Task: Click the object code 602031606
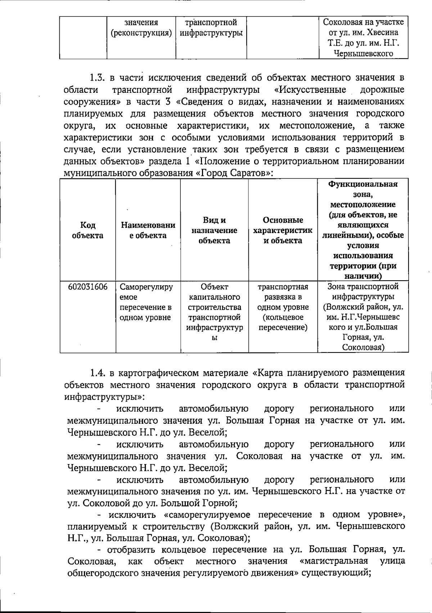[x=88, y=287]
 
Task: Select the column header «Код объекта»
[x=88, y=230]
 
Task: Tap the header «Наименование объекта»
[x=148, y=230]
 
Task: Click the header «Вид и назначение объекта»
[x=214, y=230]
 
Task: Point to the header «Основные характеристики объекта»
[x=283, y=230]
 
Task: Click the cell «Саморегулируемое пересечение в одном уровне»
[x=146, y=302]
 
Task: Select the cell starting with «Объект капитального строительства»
[x=214, y=312]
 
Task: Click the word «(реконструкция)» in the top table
[x=141, y=33]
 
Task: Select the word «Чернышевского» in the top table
[x=363, y=54]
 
